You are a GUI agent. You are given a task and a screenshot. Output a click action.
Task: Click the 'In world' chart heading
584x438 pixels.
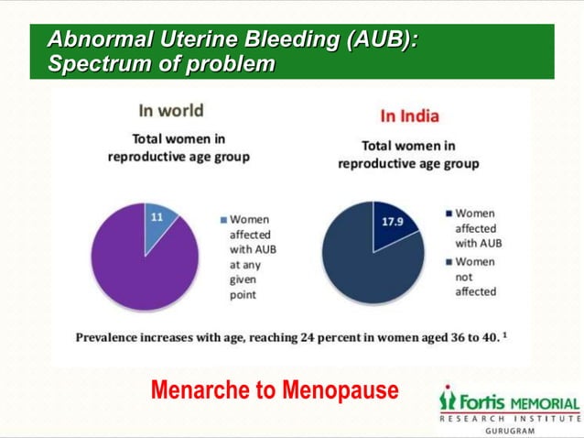tap(170, 111)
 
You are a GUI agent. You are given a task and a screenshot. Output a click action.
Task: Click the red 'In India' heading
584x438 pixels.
tap(409, 116)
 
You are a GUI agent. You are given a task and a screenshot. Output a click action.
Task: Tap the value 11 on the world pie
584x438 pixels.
tap(157, 217)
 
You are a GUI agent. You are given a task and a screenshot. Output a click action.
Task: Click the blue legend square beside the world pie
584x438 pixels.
tap(222, 220)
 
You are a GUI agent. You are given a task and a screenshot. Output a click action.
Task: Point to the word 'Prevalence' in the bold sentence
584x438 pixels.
tap(111, 336)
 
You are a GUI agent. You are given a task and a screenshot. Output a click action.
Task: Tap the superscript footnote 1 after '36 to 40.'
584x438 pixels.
tap(505, 333)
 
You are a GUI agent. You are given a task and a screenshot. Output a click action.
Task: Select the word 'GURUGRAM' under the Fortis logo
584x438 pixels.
tap(510, 429)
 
